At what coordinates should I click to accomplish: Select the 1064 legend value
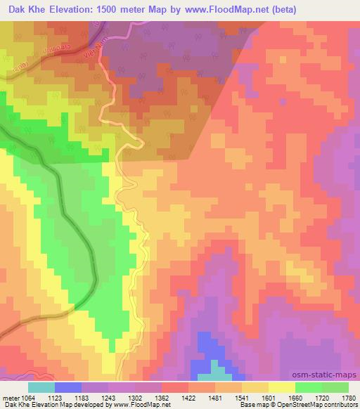click(x=32, y=396)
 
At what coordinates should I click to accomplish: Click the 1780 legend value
click(x=348, y=396)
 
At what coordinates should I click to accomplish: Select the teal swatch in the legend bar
click(x=41, y=387)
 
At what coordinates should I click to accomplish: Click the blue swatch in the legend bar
click(x=67, y=387)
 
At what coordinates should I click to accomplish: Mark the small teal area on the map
click(x=221, y=372)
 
